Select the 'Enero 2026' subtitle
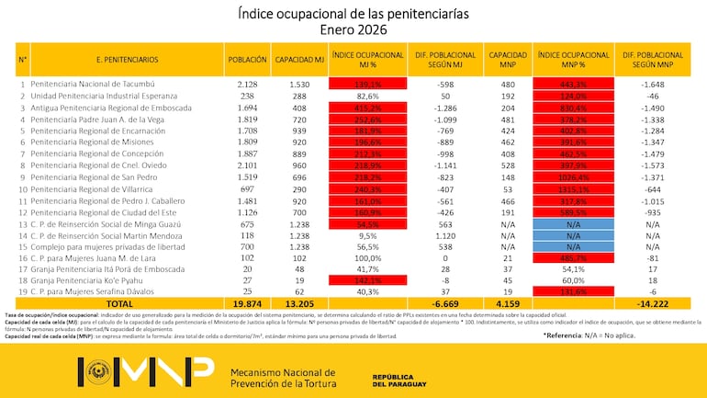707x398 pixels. (353, 29)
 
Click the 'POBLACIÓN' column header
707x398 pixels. (247, 59)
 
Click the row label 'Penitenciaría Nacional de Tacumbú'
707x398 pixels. (95, 83)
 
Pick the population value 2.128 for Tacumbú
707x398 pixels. (247, 83)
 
